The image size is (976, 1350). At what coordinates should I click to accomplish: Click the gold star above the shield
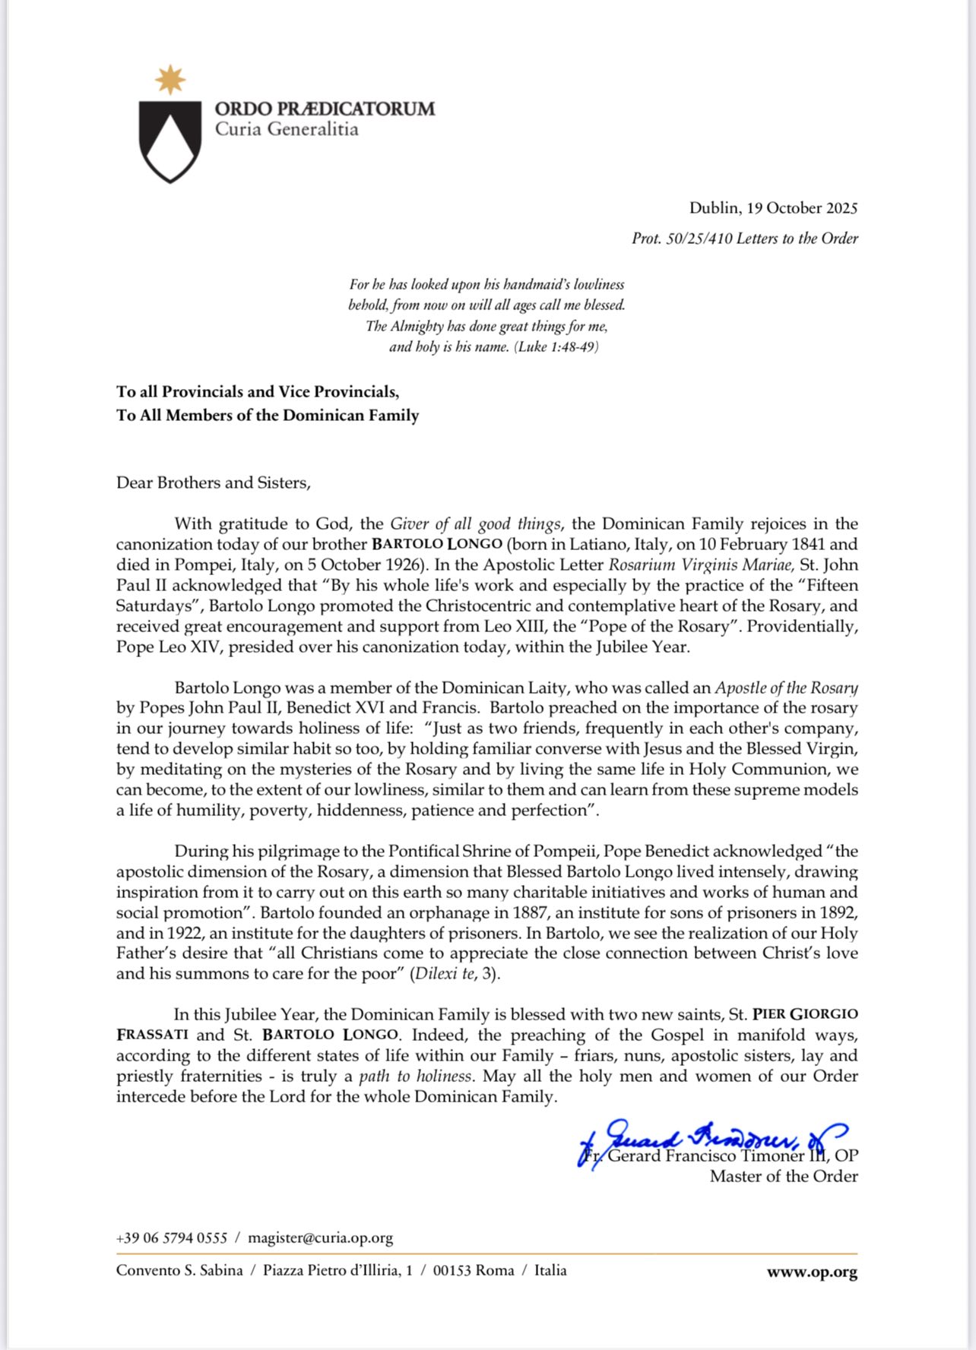coord(170,80)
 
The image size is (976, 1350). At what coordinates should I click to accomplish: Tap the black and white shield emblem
coord(170,140)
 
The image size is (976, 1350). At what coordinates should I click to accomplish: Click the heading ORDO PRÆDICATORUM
coord(325,109)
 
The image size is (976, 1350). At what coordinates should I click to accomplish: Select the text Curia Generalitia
coord(287,129)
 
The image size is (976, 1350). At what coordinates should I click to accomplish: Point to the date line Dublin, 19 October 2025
coord(773,208)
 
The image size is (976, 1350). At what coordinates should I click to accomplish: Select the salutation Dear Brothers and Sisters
coord(214,483)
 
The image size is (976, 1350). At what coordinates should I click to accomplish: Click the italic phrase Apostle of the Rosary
coord(786,688)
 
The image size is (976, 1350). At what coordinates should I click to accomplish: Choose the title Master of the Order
coord(784,1177)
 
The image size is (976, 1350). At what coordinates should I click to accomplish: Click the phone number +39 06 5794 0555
coord(172,1238)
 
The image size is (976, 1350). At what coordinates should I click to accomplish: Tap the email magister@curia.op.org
coord(320,1238)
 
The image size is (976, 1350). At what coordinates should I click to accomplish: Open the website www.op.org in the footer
coord(812,1272)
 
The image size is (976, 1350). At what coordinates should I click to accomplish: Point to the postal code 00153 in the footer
coord(452,1271)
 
